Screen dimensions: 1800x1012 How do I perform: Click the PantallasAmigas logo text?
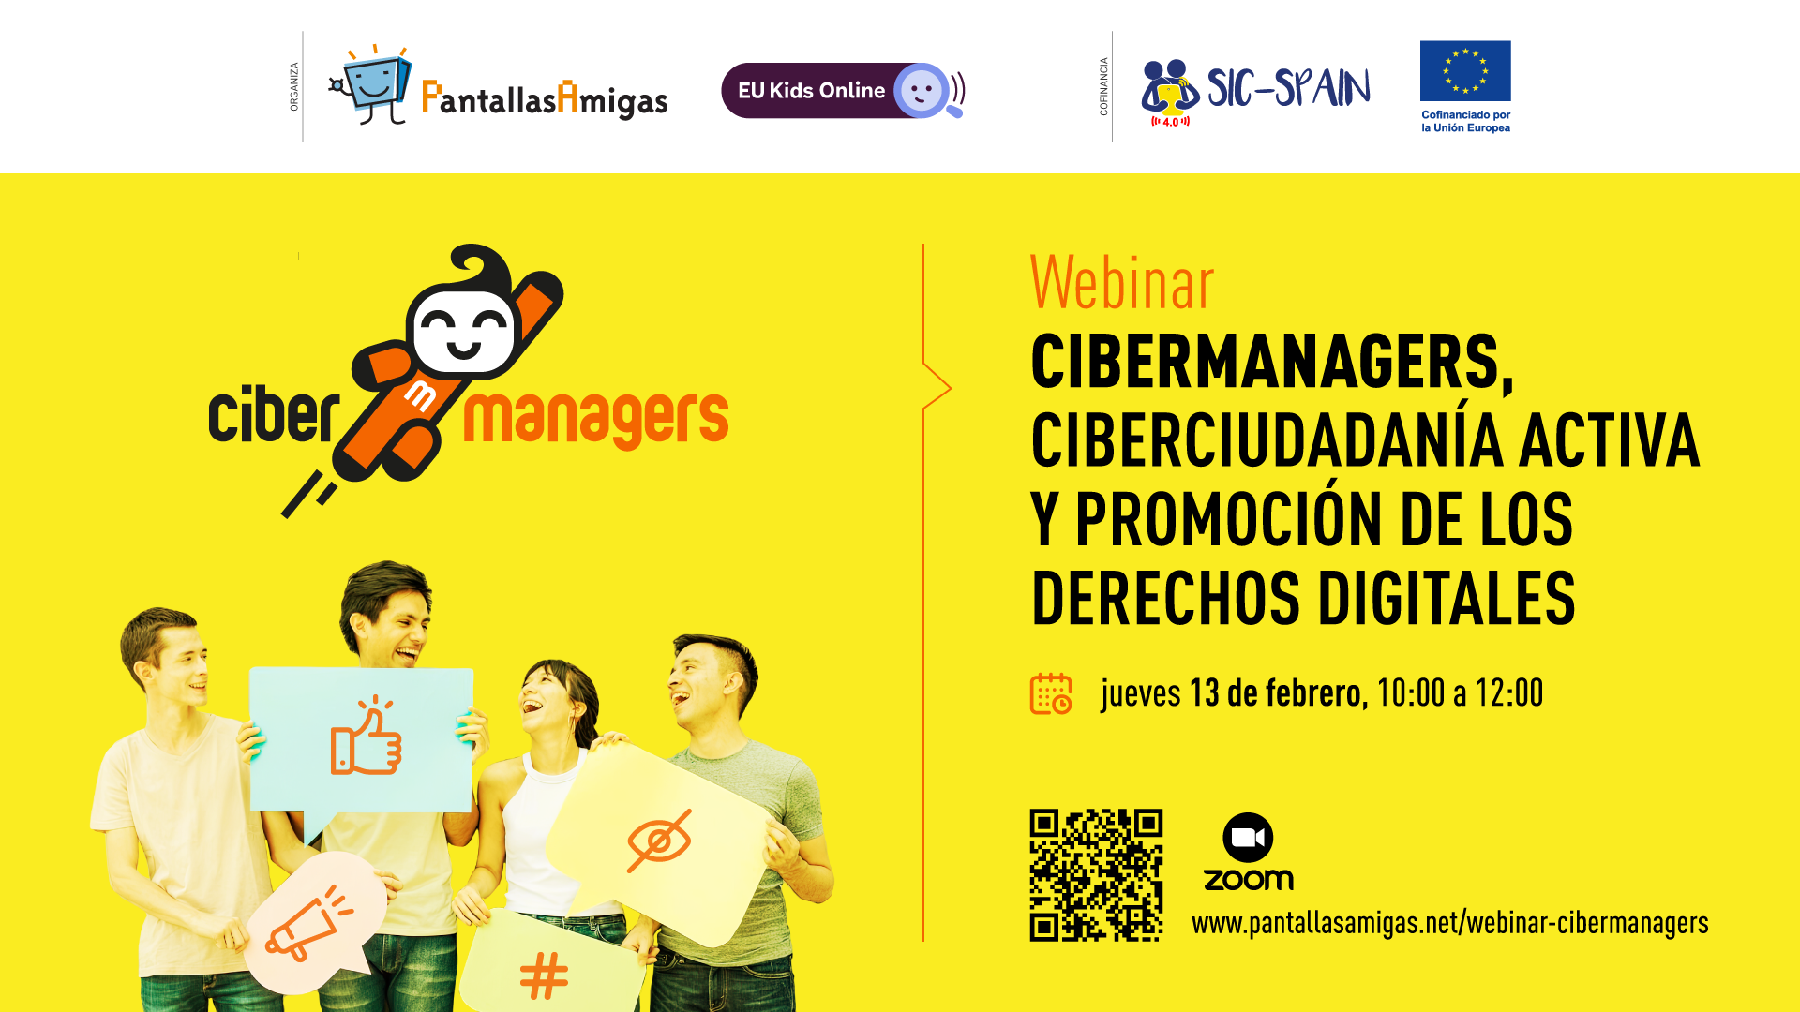click(545, 99)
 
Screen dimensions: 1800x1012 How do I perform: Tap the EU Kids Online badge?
click(843, 91)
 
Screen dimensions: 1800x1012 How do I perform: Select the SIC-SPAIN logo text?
click(1288, 88)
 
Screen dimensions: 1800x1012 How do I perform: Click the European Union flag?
click(1465, 70)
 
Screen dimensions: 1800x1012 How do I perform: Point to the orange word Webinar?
click(1122, 282)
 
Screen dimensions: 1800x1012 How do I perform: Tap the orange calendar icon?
click(1051, 693)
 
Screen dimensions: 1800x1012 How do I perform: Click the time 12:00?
click(1509, 693)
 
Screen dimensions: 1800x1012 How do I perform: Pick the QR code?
click(1096, 875)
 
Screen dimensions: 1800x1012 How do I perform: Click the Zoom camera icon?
click(1248, 837)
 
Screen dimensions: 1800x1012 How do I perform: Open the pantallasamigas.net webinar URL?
click(1449, 923)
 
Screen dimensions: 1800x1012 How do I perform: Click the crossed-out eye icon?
click(659, 841)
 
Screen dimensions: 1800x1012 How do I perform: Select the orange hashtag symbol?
click(544, 975)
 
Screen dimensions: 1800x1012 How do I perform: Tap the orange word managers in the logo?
click(596, 419)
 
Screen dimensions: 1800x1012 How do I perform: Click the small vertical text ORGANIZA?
click(293, 87)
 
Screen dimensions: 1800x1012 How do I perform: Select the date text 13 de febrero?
click(1275, 693)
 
